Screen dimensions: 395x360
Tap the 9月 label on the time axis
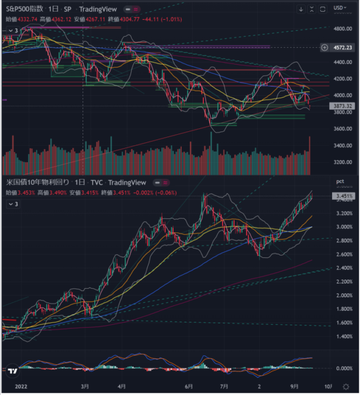[294, 386]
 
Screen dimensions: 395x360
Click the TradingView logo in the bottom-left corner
[12, 369]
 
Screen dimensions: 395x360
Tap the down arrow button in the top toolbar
[301, 9]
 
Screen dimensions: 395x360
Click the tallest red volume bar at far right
[310, 155]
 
